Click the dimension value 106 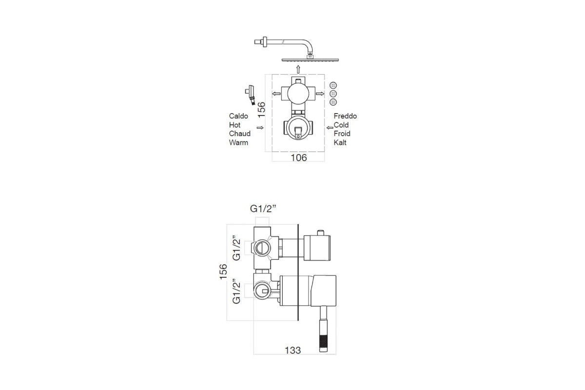[299, 158]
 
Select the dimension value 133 [293, 351]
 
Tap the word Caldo [238, 116]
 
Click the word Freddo [345, 116]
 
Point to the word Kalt [340, 143]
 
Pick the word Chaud [240, 134]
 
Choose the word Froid [342, 134]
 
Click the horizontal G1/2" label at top [263, 209]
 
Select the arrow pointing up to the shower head [298, 70]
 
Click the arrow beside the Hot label [260, 128]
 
